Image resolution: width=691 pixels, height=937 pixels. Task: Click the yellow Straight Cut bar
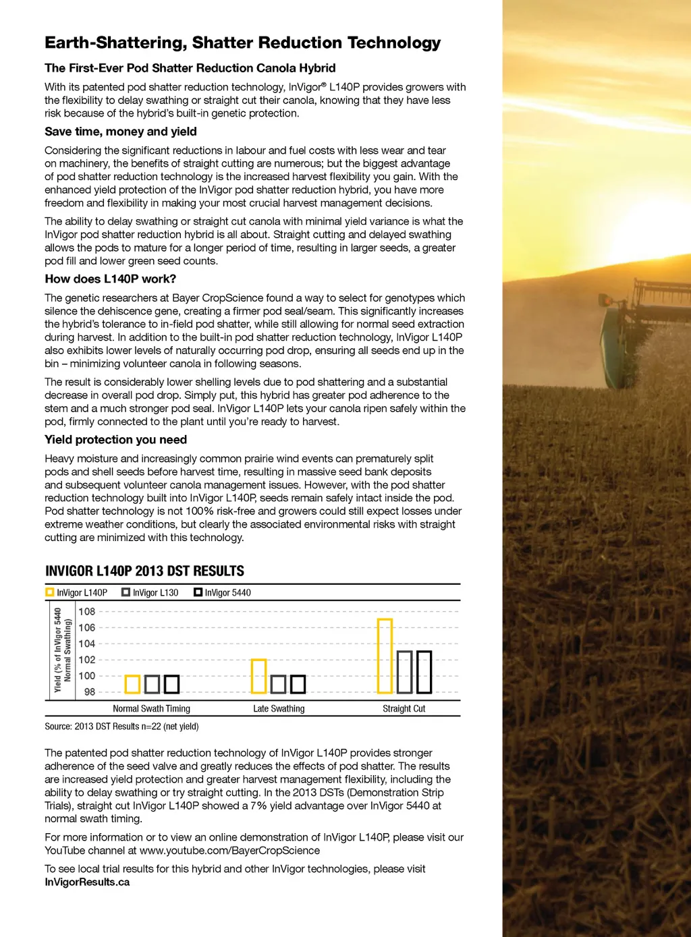point(385,656)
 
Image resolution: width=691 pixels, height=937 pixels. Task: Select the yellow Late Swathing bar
point(258,676)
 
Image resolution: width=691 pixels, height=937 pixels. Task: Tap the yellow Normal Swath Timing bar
point(132,684)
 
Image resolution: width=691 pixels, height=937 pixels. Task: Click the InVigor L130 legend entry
point(150,593)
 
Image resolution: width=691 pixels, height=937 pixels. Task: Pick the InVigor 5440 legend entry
point(222,593)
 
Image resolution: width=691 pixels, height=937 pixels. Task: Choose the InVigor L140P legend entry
point(76,593)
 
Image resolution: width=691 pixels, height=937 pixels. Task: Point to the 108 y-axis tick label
point(87,612)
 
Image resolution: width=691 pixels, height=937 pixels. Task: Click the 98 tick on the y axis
point(89,692)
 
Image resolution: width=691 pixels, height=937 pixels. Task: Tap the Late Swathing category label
point(279,709)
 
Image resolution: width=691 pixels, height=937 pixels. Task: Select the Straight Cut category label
point(404,709)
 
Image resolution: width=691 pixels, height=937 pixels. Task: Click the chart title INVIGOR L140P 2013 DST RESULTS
point(144,571)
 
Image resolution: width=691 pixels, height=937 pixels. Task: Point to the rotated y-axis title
point(62,650)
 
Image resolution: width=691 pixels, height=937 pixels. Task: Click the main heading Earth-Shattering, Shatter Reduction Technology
point(242,43)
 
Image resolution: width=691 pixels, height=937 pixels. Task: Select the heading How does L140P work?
point(110,279)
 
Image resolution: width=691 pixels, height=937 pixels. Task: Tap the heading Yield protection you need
point(115,440)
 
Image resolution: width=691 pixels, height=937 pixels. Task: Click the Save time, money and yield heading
point(121,132)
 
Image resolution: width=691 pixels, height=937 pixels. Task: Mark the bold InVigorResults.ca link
point(87,882)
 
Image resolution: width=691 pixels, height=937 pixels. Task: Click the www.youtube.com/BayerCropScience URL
point(229,851)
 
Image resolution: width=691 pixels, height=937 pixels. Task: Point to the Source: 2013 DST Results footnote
point(121,727)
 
